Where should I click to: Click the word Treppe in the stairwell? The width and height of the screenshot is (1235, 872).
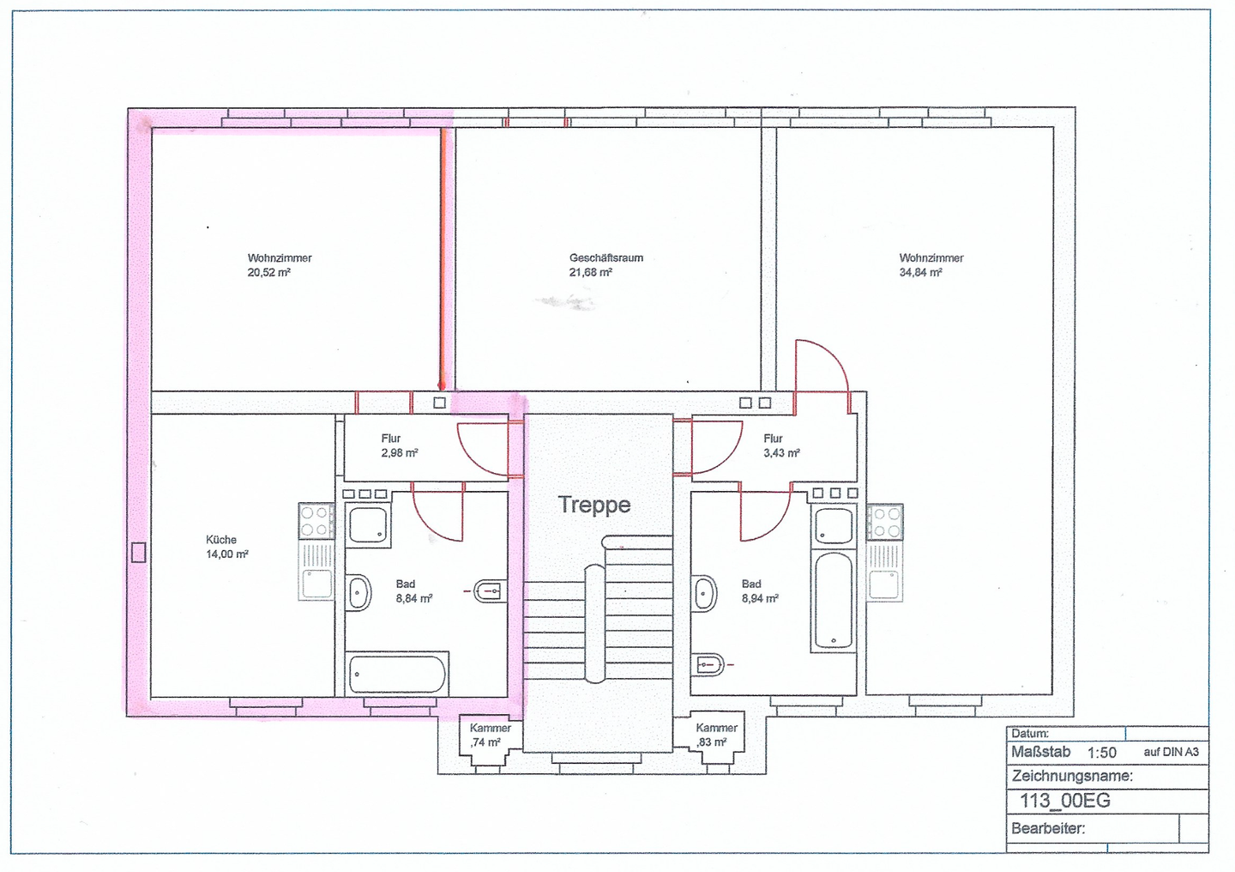click(594, 505)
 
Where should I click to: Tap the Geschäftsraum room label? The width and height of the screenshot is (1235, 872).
click(605, 257)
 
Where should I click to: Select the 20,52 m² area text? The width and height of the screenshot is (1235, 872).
click(269, 272)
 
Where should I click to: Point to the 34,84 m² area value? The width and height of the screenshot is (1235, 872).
click(921, 272)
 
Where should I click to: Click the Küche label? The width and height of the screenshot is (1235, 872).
click(221, 540)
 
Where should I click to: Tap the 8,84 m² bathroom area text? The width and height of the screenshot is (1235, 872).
click(414, 598)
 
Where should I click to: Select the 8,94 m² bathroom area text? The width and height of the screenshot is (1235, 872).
click(760, 598)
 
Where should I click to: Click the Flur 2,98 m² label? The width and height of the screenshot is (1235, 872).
click(399, 446)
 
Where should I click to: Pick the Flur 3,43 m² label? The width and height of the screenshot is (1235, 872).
click(781, 446)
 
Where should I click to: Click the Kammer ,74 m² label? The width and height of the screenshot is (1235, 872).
click(490, 736)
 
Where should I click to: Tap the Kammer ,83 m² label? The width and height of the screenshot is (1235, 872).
click(716, 736)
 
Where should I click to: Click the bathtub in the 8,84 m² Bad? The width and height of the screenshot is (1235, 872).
click(397, 674)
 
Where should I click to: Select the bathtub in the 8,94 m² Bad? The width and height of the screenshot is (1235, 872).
click(834, 599)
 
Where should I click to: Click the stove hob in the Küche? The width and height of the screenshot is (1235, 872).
click(316, 521)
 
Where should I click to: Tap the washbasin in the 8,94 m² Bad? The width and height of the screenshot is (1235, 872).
click(705, 593)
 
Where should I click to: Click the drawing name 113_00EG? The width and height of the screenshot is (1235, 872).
click(1064, 801)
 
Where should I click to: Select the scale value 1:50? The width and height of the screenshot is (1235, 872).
click(1101, 753)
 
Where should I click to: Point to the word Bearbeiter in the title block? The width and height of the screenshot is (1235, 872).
click(1047, 828)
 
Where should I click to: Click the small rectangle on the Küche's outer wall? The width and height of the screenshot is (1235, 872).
click(138, 553)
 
